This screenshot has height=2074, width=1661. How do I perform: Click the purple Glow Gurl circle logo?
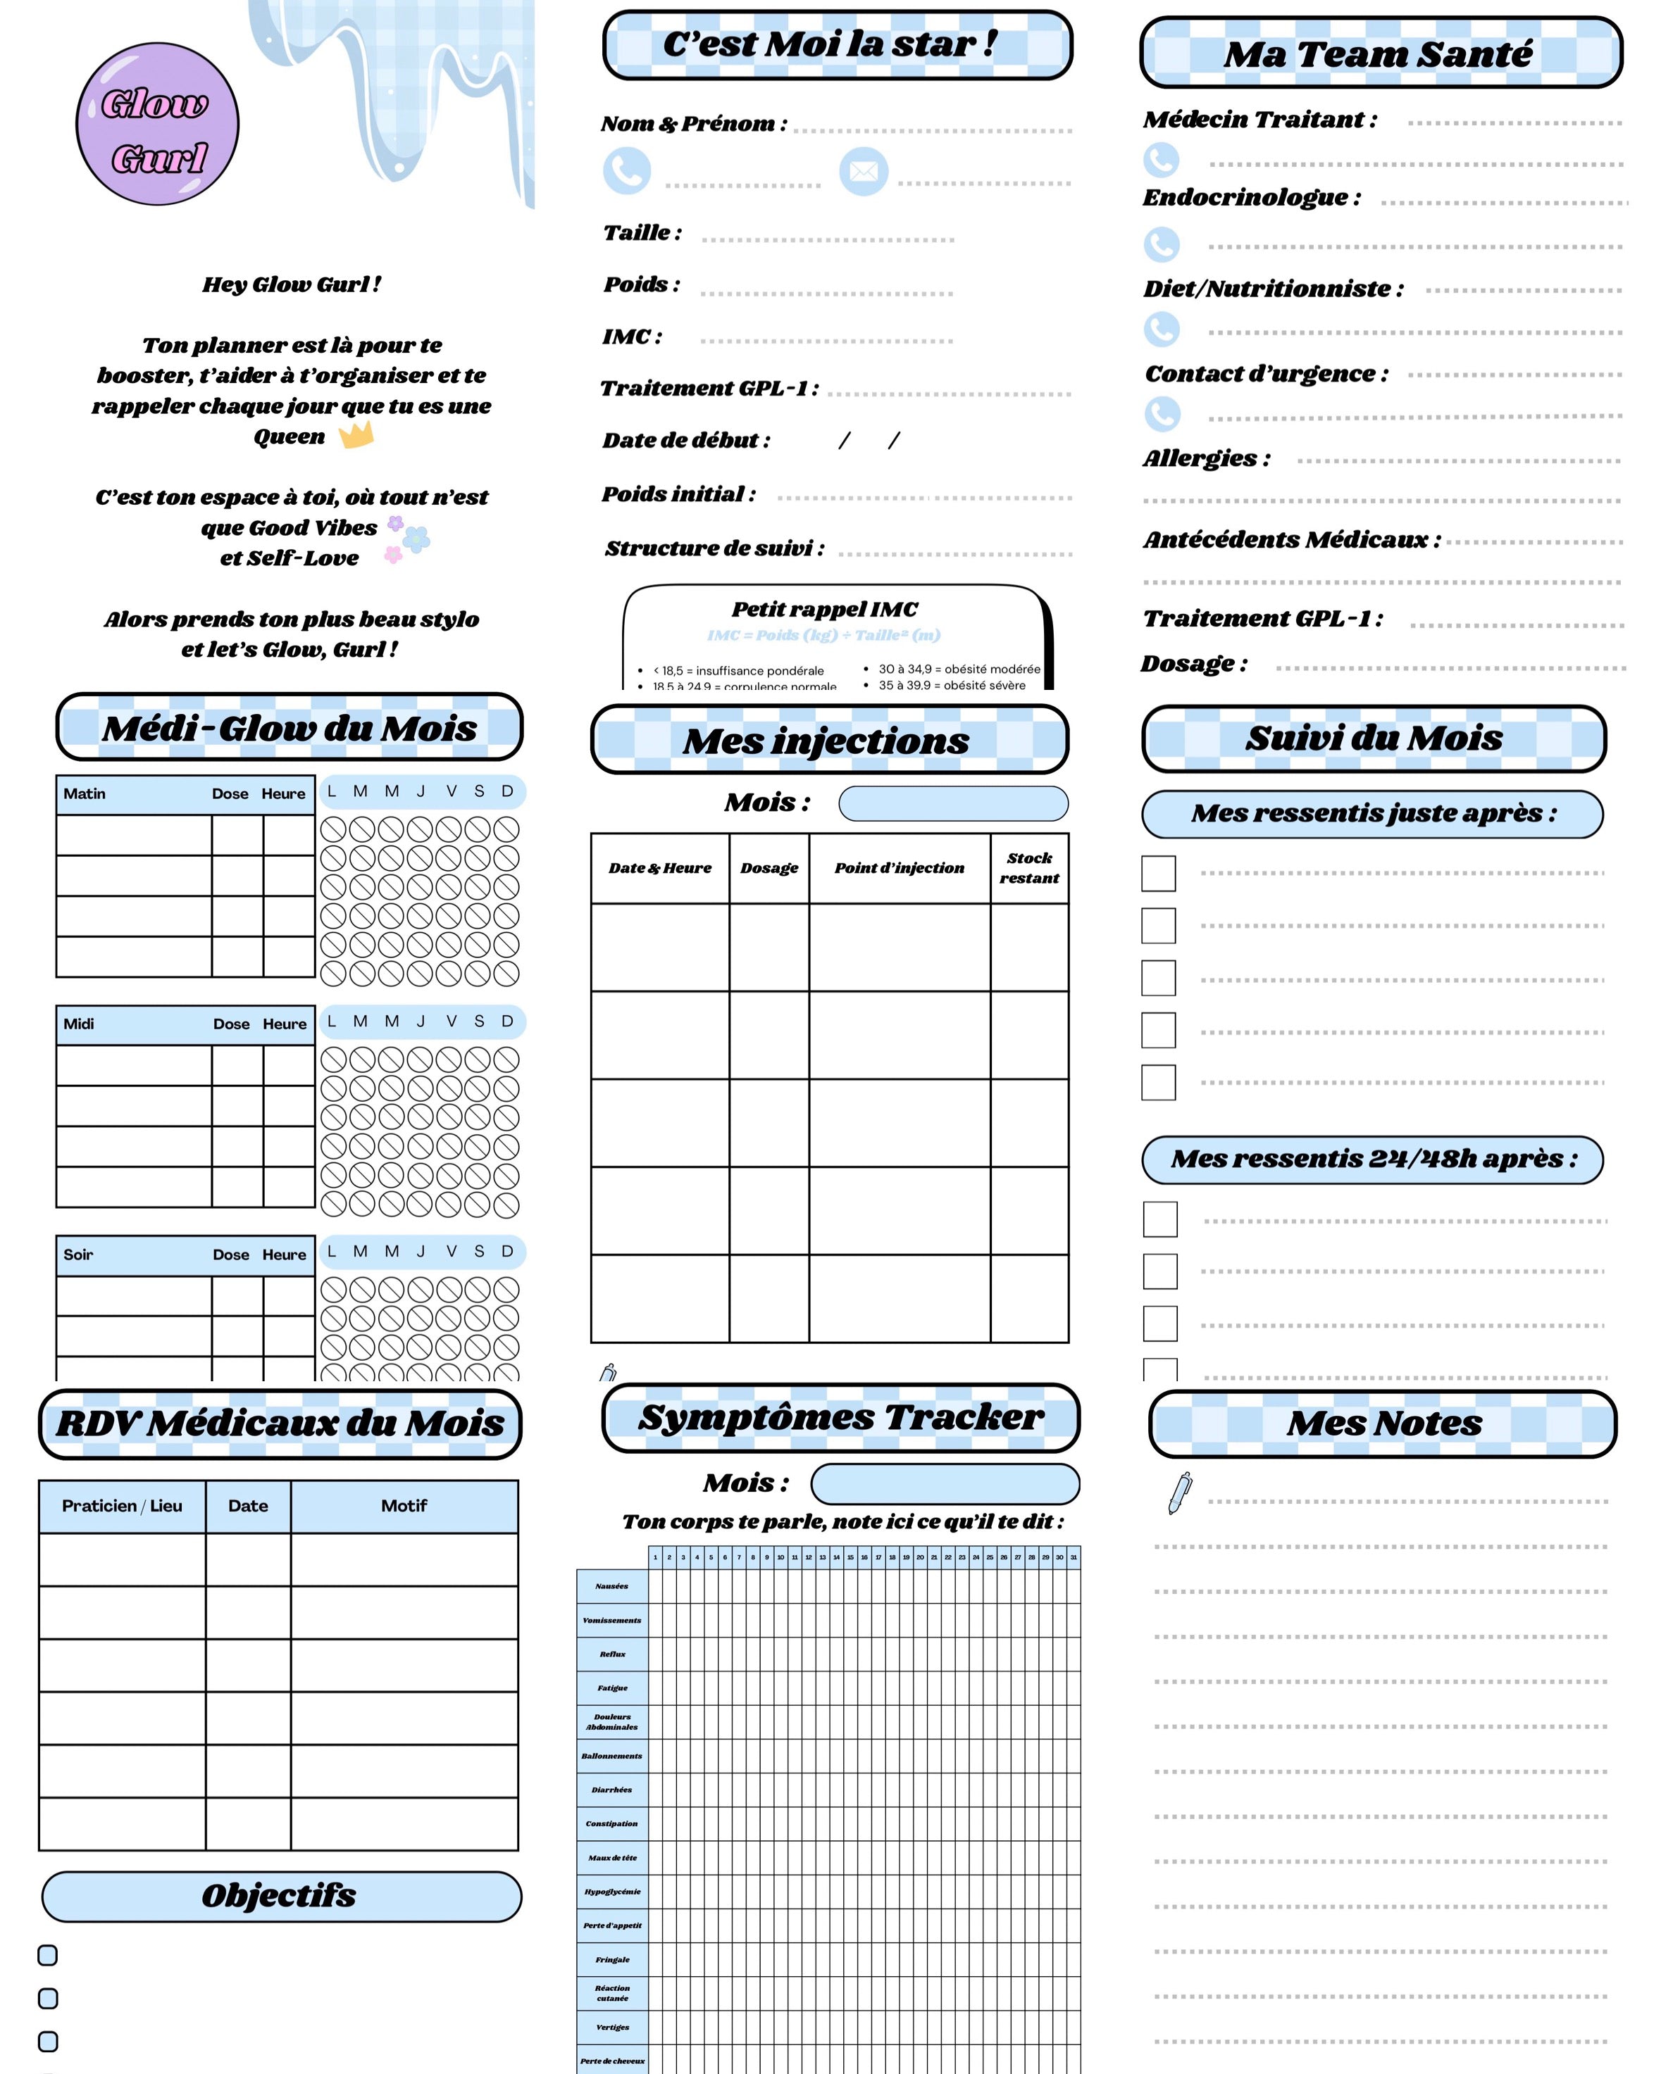[x=157, y=124]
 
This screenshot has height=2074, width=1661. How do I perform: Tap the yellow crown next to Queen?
[x=356, y=435]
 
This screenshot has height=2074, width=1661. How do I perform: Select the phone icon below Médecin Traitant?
[x=1161, y=160]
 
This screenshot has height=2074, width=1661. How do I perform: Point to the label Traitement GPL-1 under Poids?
[x=709, y=389]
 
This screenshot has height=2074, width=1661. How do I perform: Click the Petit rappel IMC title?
[x=825, y=609]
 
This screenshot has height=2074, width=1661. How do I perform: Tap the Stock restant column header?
[x=1028, y=868]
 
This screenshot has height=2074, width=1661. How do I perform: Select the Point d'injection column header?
[x=899, y=868]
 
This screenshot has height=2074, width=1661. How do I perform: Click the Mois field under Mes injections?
[x=953, y=803]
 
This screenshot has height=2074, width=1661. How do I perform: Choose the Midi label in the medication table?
[x=79, y=1024]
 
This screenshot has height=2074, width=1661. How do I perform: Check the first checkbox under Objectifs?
[x=47, y=1955]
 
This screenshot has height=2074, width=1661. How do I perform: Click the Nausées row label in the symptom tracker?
[x=611, y=1586]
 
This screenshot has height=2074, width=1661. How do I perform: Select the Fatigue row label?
[x=612, y=1688]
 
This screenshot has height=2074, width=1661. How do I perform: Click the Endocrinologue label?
[x=1251, y=198]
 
